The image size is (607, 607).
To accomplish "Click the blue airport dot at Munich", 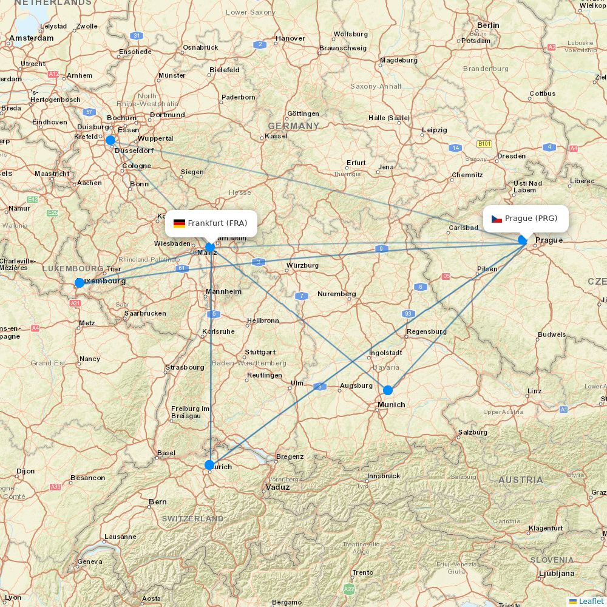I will pos(388,390).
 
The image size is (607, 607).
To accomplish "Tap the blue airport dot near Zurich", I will pos(209,465).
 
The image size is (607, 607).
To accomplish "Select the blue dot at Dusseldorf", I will pos(110,140).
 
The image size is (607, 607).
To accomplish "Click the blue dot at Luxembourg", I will pos(80,283).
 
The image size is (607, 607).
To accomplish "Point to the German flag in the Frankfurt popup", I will pos(179,223).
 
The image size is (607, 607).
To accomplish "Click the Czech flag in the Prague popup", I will pos(497,219).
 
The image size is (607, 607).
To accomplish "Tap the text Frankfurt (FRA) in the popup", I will pos(217,223).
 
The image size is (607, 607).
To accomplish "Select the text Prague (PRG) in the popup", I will pos(531,219).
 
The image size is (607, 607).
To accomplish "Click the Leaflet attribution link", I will pos(591,601).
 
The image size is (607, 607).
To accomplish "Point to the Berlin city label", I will pos(488,25).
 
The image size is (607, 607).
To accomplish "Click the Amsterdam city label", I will pos(32,38).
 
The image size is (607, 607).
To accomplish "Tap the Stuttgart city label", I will pos(260,352).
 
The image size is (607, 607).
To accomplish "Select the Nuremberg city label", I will pos(336,294).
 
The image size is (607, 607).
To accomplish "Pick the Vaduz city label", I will pos(278,487).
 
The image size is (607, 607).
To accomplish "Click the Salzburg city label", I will pos(473,432).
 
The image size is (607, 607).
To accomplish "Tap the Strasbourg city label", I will pos(185,367).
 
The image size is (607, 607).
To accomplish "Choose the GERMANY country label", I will pos(293,126).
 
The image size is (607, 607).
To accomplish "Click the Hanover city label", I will pos(290,38).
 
